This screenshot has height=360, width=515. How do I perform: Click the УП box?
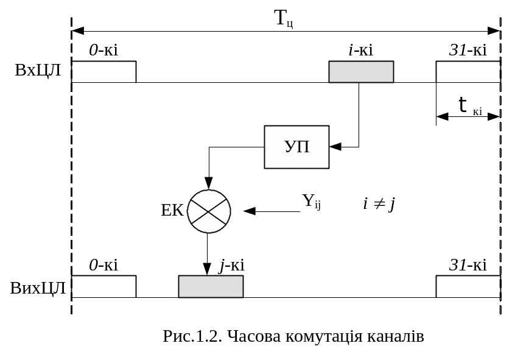(x=296, y=147)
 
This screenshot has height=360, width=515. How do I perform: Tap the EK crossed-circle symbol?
(x=209, y=211)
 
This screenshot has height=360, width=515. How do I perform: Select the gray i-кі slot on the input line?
(x=361, y=72)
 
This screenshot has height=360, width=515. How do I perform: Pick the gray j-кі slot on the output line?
(x=211, y=286)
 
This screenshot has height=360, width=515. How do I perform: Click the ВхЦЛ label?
(x=38, y=70)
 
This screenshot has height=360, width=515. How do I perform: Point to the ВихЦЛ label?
(x=38, y=288)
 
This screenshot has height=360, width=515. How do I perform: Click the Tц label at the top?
(x=284, y=18)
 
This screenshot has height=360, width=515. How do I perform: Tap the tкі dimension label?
(x=469, y=106)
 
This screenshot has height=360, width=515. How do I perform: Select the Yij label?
(x=311, y=201)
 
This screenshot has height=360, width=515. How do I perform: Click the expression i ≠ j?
(x=379, y=203)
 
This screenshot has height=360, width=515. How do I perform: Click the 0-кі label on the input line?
(x=103, y=50)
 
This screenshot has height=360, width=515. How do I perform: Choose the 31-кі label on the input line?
(x=468, y=50)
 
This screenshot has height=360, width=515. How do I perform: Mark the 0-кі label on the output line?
(x=103, y=265)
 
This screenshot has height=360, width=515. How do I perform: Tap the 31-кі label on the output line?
(x=468, y=265)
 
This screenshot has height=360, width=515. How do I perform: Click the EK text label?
(x=172, y=211)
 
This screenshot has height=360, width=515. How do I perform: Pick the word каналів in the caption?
(x=395, y=336)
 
